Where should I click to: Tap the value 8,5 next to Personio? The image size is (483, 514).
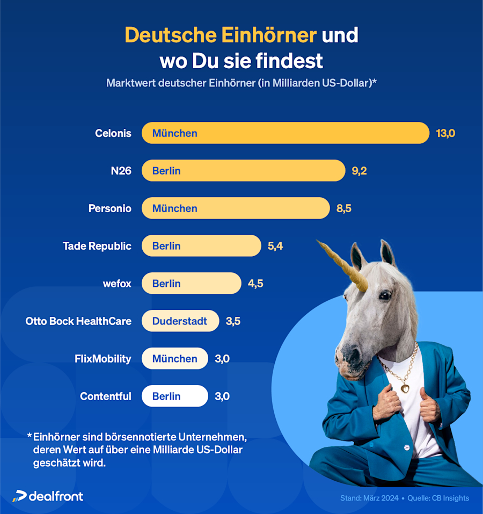[343, 208]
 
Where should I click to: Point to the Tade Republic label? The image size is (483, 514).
[97, 246]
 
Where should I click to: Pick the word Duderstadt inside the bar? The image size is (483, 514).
[179, 321]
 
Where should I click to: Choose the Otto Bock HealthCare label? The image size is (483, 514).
[78, 321]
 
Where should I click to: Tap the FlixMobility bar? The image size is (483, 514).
[174, 359]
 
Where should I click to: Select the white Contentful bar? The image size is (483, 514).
[174, 396]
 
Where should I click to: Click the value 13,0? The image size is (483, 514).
[445, 133]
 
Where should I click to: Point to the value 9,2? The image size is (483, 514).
[359, 171]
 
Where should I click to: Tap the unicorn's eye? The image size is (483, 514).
[384, 295]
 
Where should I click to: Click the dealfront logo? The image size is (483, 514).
[48, 496]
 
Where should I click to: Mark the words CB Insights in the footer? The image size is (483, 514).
[450, 498]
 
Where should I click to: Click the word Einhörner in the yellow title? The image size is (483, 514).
[268, 35]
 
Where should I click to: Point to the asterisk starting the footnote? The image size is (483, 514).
[29, 435]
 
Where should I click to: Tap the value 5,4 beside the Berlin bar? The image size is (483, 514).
[275, 246]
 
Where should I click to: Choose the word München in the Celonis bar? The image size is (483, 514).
[174, 133]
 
